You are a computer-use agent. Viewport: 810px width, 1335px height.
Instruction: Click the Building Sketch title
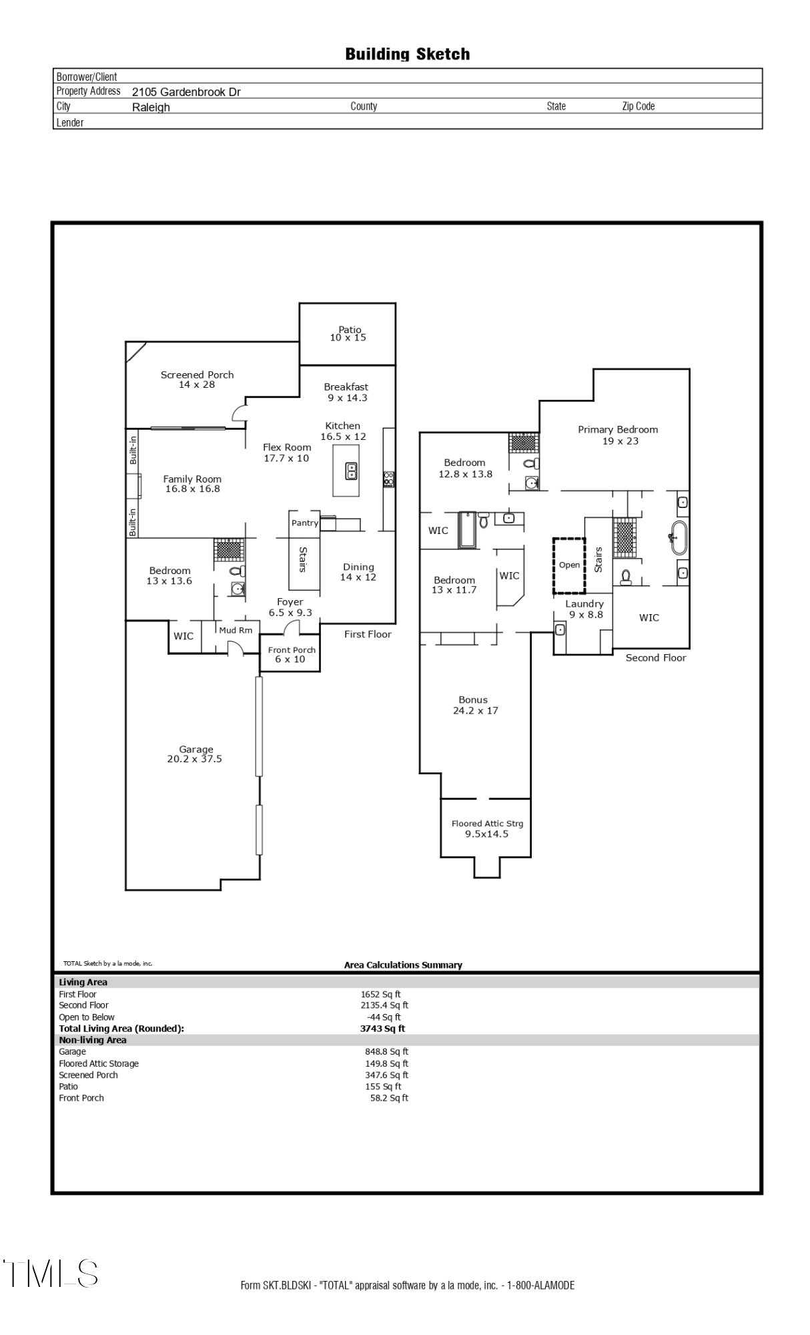pyautogui.click(x=407, y=54)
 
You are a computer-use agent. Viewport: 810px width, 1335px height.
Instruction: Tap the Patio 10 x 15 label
pyautogui.click(x=348, y=334)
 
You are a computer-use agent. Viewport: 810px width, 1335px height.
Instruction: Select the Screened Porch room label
pyautogui.click(x=197, y=379)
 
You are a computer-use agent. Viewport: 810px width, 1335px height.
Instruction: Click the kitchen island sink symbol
pyautogui.click(x=351, y=471)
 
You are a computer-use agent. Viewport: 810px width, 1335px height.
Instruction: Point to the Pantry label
pyautogui.click(x=305, y=523)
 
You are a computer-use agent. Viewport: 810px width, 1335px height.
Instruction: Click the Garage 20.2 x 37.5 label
pyautogui.click(x=195, y=754)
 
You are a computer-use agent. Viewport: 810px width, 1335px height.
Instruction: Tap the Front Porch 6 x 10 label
pyautogui.click(x=292, y=654)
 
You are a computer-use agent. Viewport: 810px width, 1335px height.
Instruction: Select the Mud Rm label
pyautogui.click(x=236, y=630)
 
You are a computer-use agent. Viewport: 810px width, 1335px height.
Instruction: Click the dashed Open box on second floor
pyautogui.click(x=569, y=565)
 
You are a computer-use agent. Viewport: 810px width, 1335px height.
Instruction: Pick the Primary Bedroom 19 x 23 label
pyautogui.click(x=618, y=435)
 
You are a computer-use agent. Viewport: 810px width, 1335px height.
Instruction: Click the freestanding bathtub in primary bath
pyautogui.click(x=679, y=538)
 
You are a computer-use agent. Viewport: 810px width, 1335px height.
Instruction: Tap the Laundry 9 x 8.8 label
pyautogui.click(x=584, y=609)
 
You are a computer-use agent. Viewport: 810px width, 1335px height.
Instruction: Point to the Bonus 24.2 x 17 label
pyautogui.click(x=474, y=705)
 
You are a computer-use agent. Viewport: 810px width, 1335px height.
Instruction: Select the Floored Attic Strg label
pyautogui.click(x=487, y=828)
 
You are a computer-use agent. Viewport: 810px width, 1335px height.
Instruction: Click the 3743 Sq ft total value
pyautogui.click(x=382, y=1029)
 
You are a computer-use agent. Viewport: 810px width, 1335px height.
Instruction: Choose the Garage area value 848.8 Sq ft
pyautogui.click(x=386, y=1051)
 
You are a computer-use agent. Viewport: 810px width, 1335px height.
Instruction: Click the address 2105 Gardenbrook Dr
pyautogui.click(x=186, y=92)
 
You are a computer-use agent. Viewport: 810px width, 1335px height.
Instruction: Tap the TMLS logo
pyautogui.click(x=51, y=1273)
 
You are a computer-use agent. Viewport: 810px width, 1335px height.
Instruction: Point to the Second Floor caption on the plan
pyautogui.click(x=655, y=657)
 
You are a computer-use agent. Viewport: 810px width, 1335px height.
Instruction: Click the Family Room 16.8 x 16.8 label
pyautogui.click(x=192, y=484)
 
